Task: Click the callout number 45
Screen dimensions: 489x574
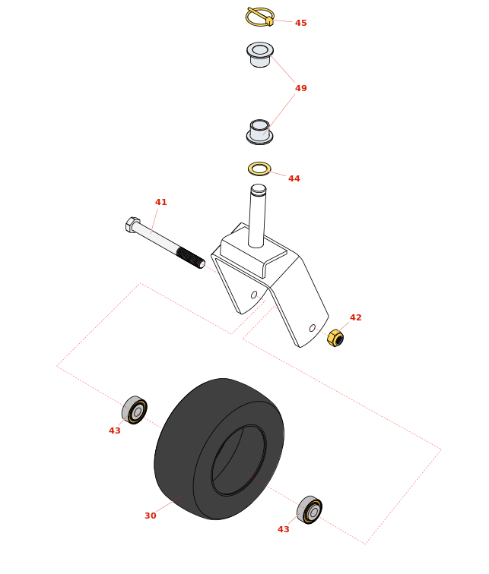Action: click(x=300, y=23)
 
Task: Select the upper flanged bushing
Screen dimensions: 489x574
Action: click(x=260, y=54)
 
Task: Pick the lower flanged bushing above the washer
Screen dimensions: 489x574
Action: click(x=259, y=132)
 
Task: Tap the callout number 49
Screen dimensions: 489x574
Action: click(x=300, y=88)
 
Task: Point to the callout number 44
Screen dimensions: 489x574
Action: click(x=294, y=178)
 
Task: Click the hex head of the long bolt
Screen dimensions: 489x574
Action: click(x=132, y=225)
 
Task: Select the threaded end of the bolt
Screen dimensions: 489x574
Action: click(x=191, y=257)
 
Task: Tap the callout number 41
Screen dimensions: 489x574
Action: click(x=161, y=202)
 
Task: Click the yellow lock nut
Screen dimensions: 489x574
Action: click(x=335, y=338)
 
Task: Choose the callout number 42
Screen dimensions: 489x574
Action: click(x=356, y=317)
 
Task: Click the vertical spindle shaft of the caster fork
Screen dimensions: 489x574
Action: click(x=257, y=216)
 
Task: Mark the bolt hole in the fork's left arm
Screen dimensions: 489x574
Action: click(x=254, y=295)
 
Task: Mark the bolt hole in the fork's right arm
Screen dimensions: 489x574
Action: click(x=313, y=328)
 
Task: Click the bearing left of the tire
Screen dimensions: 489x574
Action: click(x=135, y=410)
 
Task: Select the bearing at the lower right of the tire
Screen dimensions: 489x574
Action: click(x=310, y=510)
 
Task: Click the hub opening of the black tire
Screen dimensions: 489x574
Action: click(x=239, y=460)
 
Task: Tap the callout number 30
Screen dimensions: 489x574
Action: click(x=151, y=516)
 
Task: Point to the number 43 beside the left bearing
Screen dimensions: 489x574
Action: click(x=115, y=430)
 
